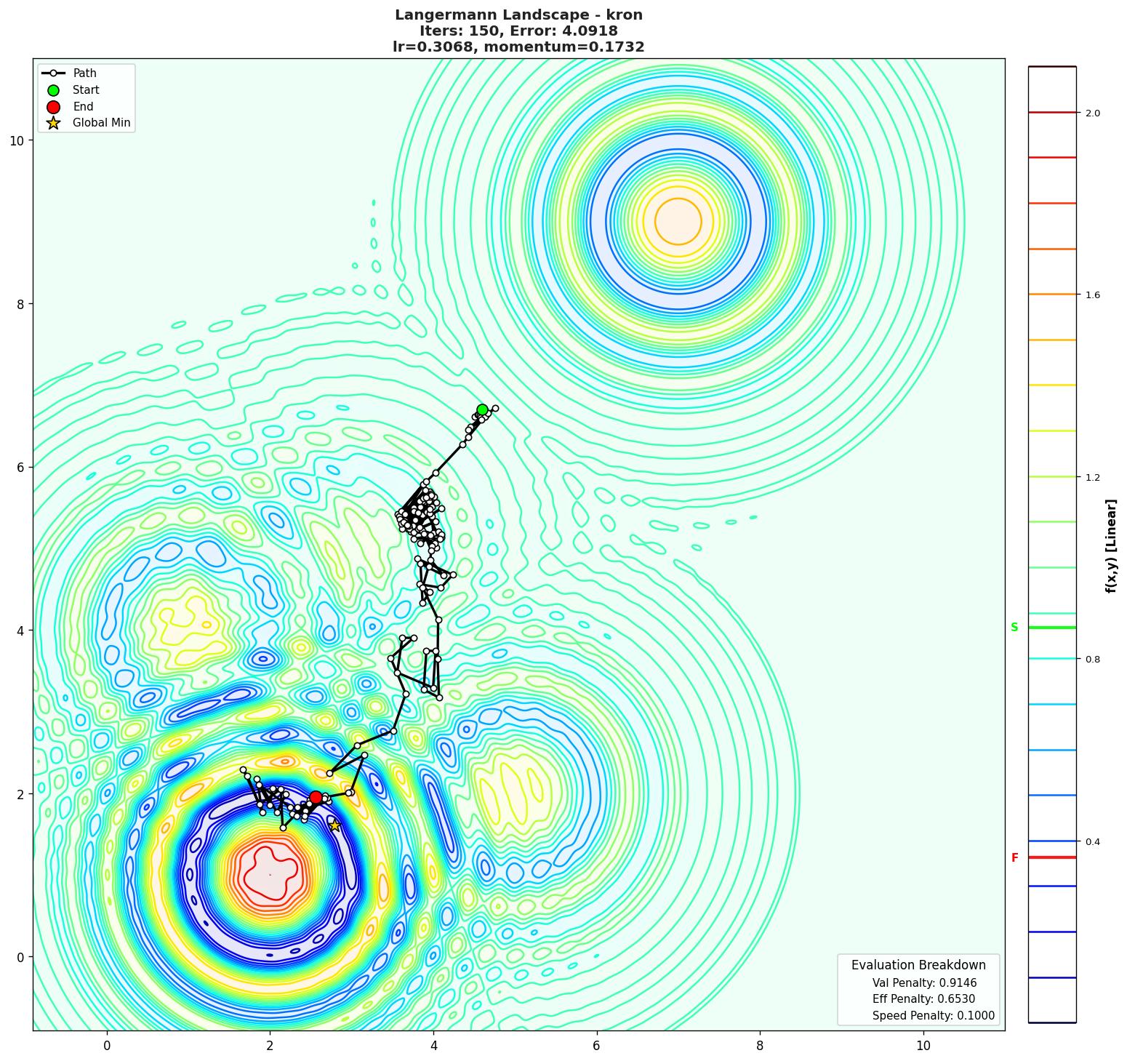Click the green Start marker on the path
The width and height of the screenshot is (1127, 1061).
(482, 409)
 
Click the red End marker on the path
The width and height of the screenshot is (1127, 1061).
(316, 797)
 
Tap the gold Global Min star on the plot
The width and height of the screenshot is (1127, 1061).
(334, 825)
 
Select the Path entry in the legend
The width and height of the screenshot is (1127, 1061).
(84, 73)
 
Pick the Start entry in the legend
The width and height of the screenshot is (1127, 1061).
(86, 90)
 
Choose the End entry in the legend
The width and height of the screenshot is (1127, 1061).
(83, 107)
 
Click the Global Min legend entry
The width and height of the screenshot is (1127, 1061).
(101, 123)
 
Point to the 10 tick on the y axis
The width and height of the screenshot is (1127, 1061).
(17, 140)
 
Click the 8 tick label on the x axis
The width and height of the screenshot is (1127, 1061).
(760, 1046)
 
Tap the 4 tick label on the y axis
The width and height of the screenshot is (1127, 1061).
(20, 630)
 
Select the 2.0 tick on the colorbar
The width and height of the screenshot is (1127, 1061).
(1092, 113)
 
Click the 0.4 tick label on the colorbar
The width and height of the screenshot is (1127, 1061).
(1092, 842)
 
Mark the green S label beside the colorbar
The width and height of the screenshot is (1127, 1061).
(1014, 628)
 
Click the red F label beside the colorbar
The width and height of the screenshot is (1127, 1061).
(1014, 858)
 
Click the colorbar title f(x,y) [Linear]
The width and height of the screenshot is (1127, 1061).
(1111, 545)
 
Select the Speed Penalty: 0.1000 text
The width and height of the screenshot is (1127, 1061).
(933, 1016)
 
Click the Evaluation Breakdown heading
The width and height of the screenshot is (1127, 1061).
(918, 965)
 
